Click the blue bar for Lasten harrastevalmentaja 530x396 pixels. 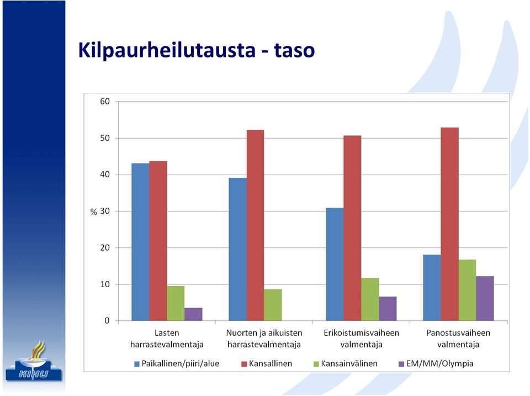[x=140, y=242]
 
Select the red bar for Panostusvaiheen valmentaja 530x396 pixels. [x=449, y=224]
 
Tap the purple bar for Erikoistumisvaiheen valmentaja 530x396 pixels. [x=388, y=308]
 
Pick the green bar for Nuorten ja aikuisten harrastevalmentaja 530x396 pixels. [x=273, y=305]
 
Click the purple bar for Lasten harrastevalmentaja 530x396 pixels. [x=193, y=314]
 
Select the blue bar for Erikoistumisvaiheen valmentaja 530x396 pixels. [x=335, y=264]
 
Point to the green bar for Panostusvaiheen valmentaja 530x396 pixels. [x=467, y=290]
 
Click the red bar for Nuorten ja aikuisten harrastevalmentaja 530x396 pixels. [x=255, y=225]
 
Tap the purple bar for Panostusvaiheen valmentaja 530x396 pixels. [x=485, y=298]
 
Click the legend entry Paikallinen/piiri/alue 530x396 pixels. [x=177, y=364]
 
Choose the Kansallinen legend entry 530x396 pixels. [x=267, y=364]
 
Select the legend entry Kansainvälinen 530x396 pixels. [x=346, y=364]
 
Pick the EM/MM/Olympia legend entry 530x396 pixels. [x=436, y=364]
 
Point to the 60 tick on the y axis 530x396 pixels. [x=105, y=102]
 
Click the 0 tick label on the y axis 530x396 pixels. [x=107, y=320]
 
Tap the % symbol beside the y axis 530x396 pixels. [x=94, y=212]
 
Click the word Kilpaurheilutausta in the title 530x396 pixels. [x=167, y=50]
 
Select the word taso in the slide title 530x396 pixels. [x=294, y=51]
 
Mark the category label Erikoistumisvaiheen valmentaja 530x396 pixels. [x=361, y=339]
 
